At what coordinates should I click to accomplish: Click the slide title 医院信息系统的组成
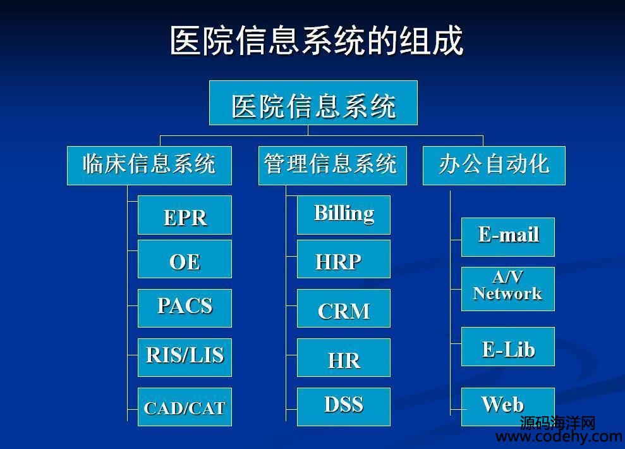coord(317,40)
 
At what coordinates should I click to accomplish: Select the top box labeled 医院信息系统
coord(313,103)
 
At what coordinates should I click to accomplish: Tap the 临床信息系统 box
coord(149,166)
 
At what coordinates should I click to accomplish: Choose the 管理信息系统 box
coord(332,166)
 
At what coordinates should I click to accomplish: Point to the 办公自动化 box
coord(494,166)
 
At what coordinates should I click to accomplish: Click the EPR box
coord(185,215)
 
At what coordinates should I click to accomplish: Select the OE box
coord(185,259)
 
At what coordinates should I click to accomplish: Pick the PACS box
coord(185,308)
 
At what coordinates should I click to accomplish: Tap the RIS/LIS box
coord(185,358)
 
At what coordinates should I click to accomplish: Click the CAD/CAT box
coord(185,407)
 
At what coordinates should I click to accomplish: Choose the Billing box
coord(344,215)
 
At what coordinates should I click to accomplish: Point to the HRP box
coord(344,259)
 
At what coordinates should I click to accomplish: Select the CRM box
coord(344,308)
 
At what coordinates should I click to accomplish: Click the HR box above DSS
coord(344,358)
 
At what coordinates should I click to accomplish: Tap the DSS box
coord(344,407)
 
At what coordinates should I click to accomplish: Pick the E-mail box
coord(508,237)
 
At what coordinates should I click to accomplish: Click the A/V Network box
coord(508,289)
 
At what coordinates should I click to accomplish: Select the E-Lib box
coord(508,347)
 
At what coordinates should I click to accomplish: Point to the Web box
coord(508,407)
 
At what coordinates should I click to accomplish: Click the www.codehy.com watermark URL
coord(559,436)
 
